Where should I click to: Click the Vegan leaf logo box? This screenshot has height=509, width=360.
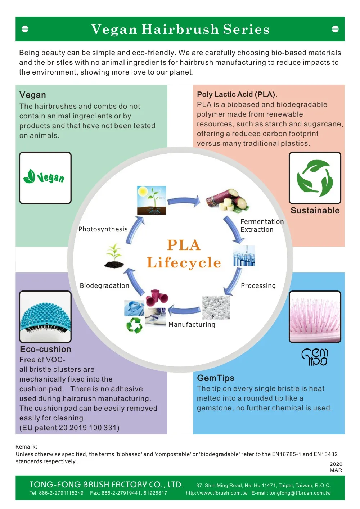point(45,178)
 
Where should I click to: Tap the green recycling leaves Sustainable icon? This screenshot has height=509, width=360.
point(315,178)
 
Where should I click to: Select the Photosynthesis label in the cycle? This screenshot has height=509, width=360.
point(103,229)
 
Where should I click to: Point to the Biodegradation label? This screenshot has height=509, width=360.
point(104,286)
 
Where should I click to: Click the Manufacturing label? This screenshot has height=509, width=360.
point(192,325)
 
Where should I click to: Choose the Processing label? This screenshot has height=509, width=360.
point(258,286)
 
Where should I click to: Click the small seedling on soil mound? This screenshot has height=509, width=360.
point(114,256)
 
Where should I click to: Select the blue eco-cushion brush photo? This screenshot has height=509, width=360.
point(45,317)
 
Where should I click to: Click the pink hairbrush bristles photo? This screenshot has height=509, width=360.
point(315,317)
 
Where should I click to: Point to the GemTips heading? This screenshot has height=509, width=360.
point(216,378)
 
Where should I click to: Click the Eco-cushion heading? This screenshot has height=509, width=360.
point(46,350)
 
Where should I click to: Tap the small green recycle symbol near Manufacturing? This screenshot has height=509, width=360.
point(134,325)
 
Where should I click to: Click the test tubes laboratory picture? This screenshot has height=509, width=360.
point(244,256)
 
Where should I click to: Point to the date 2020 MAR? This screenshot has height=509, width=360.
point(336,467)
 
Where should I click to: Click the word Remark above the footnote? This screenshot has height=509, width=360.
point(26,447)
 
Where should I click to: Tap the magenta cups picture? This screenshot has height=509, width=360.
point(157,297)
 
